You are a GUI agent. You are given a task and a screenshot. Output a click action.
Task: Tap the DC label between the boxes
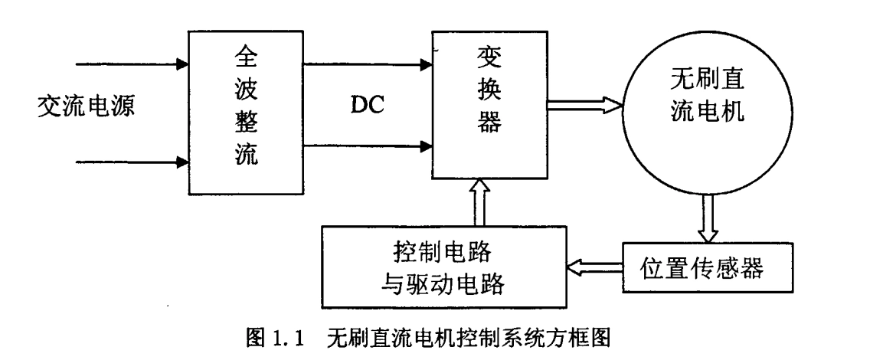coord(366,106)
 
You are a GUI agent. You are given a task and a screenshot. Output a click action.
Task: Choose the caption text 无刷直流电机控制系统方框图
coord(468,335)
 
